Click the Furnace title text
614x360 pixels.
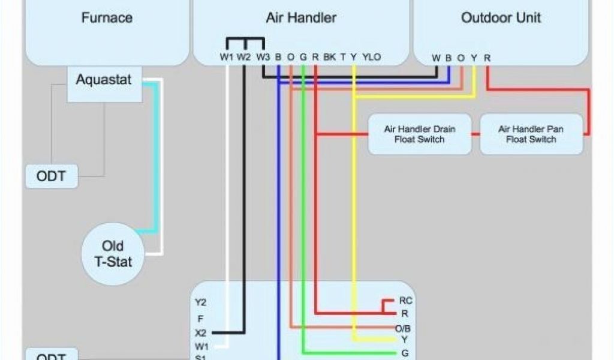pyautogui.click(x=107, y=18)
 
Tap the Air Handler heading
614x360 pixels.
pyautogui.click(x=301, y=18)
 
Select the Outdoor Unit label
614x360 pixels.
pyautogui.click(x=501, y=18)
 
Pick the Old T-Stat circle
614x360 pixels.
pyautogui.click(x=112, y=253)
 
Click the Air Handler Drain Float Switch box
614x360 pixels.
pyautogui.click(x=419, y=134)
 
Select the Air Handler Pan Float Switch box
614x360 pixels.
pyautogui.click(x=531, y=134)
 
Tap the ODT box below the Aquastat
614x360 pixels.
pyautogui.click(x=51, y=176)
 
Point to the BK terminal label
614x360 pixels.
pyautogui.click(x=329, y=57)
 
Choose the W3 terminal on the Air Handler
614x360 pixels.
pyautogui.click(x=263, y=57)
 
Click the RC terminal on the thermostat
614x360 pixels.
pyautogui.click(x=405, y=301)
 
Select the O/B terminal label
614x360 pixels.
pyautogui.click(x=403, y=329)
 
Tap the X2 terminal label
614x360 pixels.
pyautogui.click(x=200, y=332)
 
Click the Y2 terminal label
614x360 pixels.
pyautogui.click(x=200, y=302)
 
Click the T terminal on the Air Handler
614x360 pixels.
pyautogui.click(x=343, y=57)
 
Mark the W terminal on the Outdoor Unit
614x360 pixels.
pyautogui.click(x=436, y=58)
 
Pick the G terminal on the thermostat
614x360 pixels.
pyautogui.click(x=405, y=353)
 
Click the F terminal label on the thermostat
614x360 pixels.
pyautogui.click(x=200, y=319)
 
